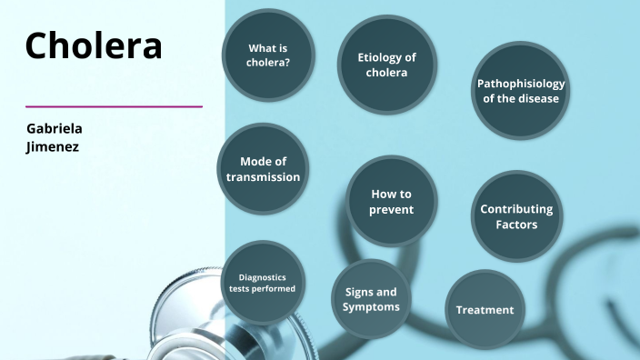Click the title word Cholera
(94, 45)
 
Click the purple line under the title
(114, 106)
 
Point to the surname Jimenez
(53, 145)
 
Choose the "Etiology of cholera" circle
(386, 65)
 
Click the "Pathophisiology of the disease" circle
(521, 91)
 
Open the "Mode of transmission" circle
(263, 169)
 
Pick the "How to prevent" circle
(392, 202)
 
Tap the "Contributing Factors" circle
(516, 216)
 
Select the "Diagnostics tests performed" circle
(262, 283)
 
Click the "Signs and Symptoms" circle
(371, 299)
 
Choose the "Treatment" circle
(485, 310)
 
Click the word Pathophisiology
(521, 84)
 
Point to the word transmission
(263, 176)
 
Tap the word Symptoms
(371, 306)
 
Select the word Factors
(516, 225)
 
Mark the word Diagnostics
(262, 276)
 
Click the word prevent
(392, 210)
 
